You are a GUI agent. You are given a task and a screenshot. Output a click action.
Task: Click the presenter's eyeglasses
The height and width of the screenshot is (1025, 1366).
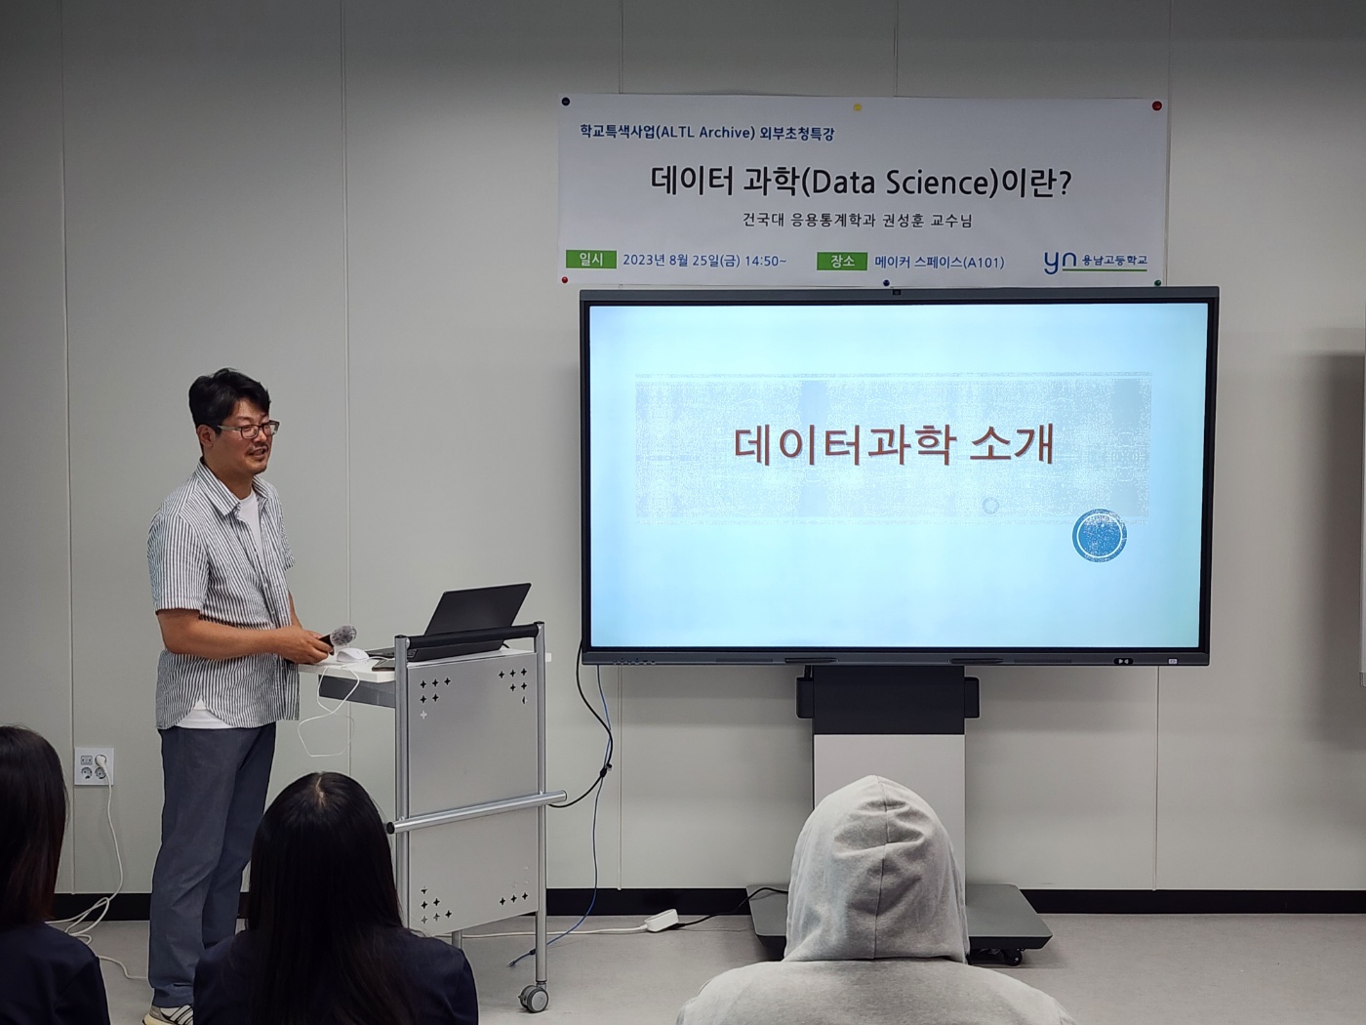250,429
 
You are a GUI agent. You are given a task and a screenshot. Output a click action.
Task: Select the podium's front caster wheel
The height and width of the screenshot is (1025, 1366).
533,998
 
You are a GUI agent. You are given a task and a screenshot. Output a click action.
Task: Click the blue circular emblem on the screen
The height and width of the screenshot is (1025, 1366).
1100,536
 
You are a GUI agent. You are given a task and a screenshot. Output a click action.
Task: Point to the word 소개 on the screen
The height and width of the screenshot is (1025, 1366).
1012,445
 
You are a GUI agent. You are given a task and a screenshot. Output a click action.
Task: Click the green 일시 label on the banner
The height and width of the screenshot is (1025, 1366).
590,260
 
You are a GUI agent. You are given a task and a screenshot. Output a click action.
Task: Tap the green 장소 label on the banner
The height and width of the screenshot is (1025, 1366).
841,261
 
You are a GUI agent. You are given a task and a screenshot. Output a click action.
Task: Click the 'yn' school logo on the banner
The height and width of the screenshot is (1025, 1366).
1060,261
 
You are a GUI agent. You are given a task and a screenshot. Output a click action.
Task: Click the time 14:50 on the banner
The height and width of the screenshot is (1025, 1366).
762,261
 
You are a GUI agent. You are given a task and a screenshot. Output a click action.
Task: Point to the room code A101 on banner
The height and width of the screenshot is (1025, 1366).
983,262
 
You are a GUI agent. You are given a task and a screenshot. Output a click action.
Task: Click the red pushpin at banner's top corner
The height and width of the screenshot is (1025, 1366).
1156,105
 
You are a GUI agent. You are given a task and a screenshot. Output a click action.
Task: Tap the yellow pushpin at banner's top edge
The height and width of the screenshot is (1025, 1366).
858,106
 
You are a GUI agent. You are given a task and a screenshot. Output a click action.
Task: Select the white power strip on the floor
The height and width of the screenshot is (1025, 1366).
662,920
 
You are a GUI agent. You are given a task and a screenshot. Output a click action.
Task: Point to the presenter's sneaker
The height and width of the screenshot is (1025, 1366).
169,1015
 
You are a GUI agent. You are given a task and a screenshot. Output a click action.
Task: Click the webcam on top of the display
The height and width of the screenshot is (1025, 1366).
895,291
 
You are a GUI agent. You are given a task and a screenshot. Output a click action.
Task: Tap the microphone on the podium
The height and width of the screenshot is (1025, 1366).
342,635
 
